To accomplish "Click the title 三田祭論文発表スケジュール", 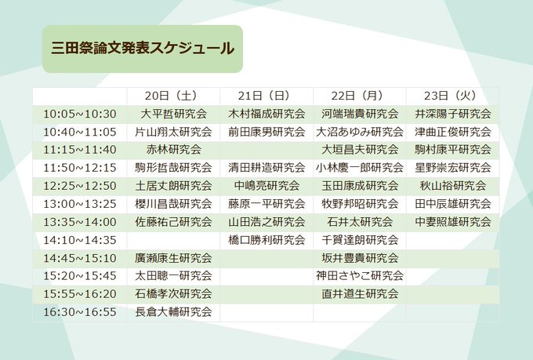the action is point(143,49).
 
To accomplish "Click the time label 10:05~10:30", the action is point(80,114).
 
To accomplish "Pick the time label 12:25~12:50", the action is point(80,186).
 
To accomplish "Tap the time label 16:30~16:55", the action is point(80,312).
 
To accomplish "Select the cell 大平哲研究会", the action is point(173,114).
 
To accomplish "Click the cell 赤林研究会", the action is point(173,150).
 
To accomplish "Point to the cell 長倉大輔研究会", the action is point(173,312).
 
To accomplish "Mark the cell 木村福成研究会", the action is point(266,114).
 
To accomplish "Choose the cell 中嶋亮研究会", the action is point(266,186).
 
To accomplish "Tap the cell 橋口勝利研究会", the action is point(266,240).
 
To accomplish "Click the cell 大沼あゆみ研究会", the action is point(360,132).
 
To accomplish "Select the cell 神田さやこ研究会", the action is point(360,276).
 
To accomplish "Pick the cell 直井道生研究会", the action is point(360,294).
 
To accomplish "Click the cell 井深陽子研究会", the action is point(453,114).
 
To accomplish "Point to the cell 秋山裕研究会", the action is point(453,186).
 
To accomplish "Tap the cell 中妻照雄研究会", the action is point(453,222).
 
